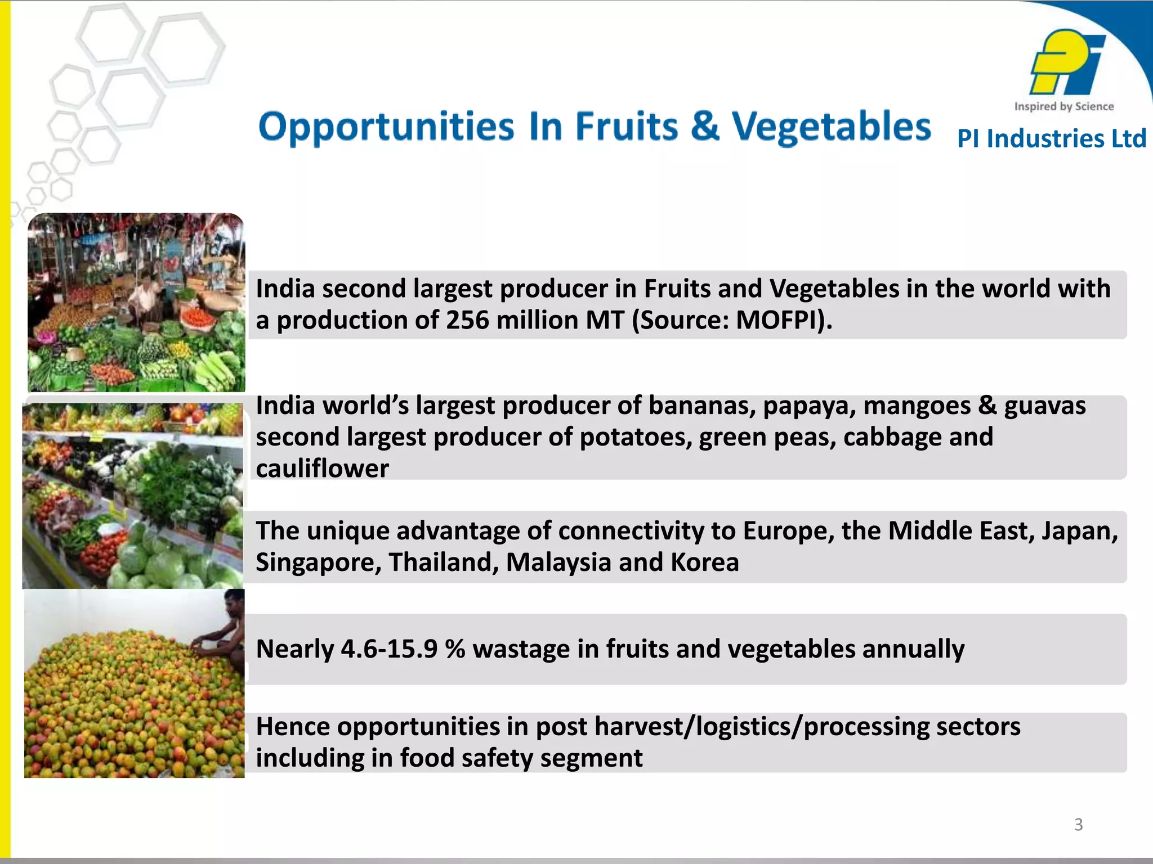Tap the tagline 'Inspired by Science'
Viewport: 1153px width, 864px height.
(1064, 106)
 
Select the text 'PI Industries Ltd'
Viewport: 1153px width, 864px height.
(1051, 138)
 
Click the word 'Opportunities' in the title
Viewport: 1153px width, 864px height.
(386, 127)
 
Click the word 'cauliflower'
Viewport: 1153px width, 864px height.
(322, 469)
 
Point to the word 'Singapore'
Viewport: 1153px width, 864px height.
(318, 562)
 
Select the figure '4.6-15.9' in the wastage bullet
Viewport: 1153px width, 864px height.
(389, 649)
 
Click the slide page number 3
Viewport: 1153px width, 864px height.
(1078, 825)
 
